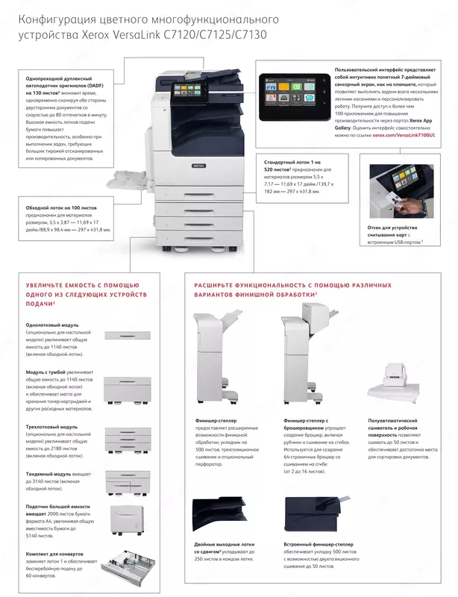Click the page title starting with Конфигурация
[x=142, y=25]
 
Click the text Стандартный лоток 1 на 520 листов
[x=292, y=166]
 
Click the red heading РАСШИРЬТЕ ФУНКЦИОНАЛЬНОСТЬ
[x=292, y=284]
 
